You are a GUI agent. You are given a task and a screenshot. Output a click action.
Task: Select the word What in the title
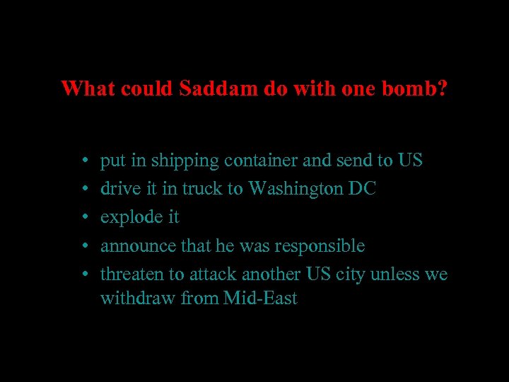pyautogui.click(x=87, y=90)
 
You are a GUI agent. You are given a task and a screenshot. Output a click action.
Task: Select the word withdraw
pyautogui.click(x=138, y=299)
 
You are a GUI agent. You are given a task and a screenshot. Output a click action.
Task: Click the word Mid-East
pyautogui.click(x=260, y=299)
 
